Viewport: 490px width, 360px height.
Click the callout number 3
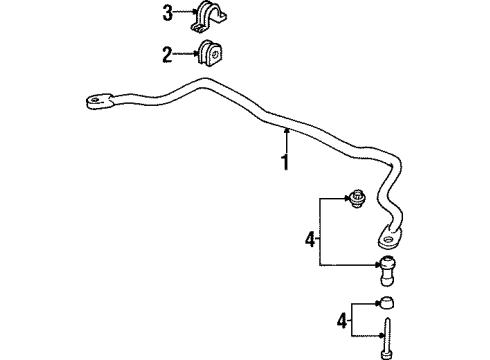pyautogui.click(x=168, y=13)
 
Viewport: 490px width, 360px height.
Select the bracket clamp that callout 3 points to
pyautogui.click(x=210, y=16)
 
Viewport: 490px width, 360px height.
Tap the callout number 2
pyautogui.click(x=168, y=53)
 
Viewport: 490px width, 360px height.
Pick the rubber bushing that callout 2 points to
pyautogui.click(x=211, y=54)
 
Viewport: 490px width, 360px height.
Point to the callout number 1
pyautogui.click(x=284, y=161)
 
